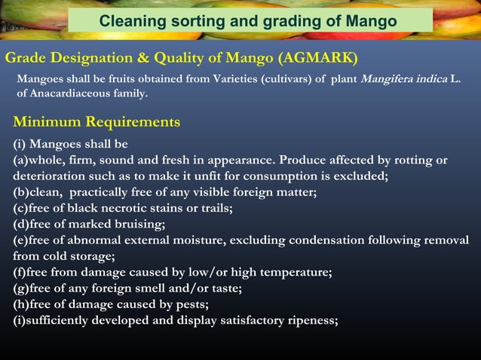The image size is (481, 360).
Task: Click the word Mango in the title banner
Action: coord(370,21)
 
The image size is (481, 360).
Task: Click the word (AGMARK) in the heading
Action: coord(317,58)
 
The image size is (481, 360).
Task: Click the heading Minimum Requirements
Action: coord(97,121)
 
